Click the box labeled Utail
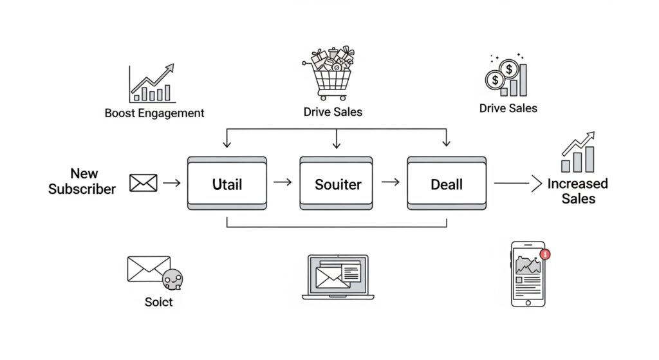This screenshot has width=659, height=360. click(x=227, y=184)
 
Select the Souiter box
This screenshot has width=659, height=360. click(x=336, y=184)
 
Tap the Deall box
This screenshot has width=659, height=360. click(x=446, y=184)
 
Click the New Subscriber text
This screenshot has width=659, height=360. click(x=82, y=181)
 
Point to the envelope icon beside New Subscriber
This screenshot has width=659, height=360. click(x=143, y=184)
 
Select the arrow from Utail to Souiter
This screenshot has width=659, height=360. click(x=283, y=183)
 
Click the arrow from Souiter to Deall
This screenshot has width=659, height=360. click(x=390, y=183)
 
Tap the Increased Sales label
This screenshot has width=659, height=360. click(x=577, y=191)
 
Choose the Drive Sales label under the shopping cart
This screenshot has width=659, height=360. click(x=333, y=112)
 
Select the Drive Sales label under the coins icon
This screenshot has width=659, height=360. click(x=508, y=108)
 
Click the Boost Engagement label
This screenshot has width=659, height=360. click(x=154, y=113)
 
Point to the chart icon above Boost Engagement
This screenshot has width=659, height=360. click(x=152, y=83)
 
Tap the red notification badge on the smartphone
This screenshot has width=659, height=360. click(x=546, y=254)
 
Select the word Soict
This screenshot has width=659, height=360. click(x=158, y=301)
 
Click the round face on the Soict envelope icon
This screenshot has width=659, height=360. click(x=173, y=280)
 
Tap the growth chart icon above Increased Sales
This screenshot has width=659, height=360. click(x=577, y=151)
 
